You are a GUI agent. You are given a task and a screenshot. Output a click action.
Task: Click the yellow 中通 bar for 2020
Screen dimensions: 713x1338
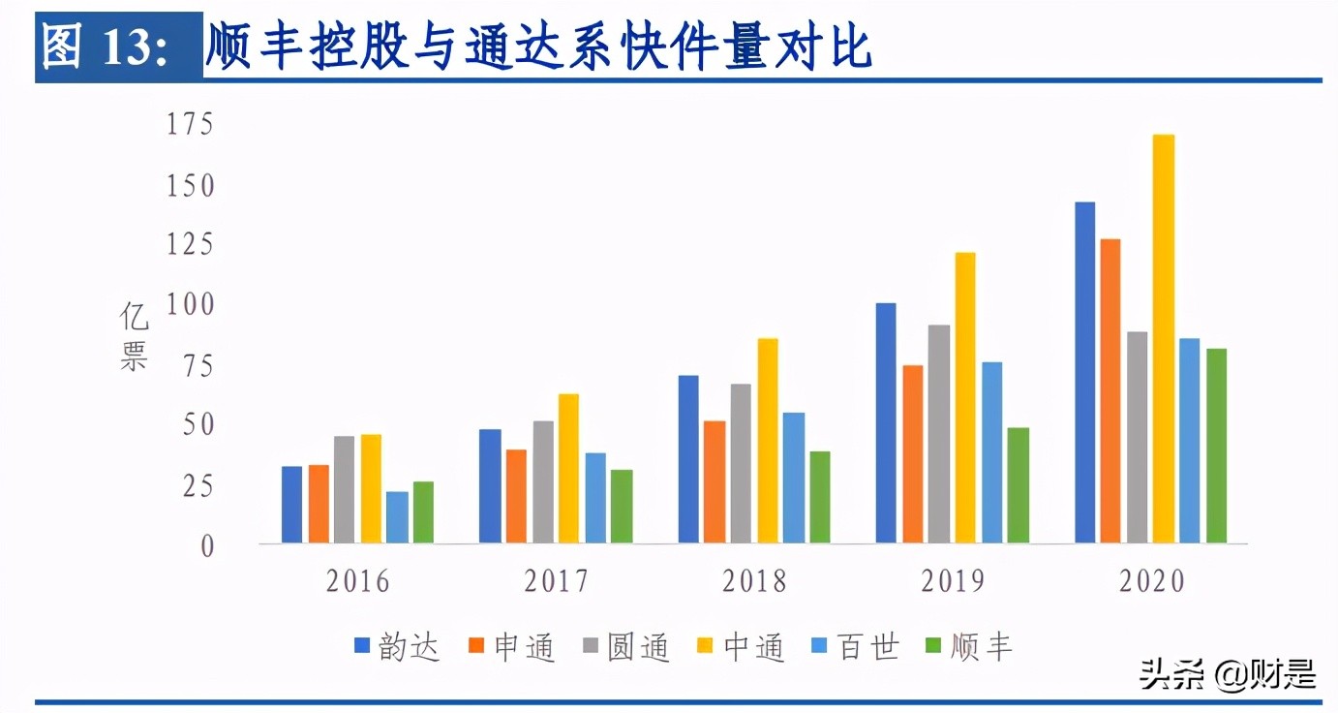point(1164,339)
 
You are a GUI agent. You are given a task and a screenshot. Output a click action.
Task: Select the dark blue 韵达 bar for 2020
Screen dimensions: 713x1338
point(1084,373)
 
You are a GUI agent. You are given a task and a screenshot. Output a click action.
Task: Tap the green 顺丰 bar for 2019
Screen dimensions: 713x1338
point(1019,485)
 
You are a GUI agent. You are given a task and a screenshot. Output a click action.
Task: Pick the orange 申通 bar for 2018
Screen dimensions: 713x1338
point(715,481)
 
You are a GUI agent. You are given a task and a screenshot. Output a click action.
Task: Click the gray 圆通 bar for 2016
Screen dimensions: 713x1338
point(345,489)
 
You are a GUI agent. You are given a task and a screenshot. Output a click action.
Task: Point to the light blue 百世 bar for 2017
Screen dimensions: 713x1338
point(595,498)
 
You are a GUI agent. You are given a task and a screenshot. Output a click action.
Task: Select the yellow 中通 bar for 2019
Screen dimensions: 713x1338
point(964,397)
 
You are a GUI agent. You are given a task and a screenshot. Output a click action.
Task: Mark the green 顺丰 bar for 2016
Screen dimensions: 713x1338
point(423,511)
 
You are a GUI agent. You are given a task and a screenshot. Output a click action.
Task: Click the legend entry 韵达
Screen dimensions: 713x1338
point(398,646)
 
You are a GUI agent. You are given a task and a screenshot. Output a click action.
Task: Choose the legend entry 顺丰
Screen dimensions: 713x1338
point(969,646)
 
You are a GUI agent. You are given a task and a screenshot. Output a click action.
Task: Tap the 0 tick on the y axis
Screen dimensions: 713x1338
point(205,546)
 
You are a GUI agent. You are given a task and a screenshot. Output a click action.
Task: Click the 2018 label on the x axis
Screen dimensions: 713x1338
point(754,581)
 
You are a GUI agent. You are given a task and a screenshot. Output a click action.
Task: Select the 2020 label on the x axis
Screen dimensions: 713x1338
point(1152,581)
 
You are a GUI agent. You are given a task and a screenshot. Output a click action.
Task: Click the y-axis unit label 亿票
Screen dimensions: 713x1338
point(135,336)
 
